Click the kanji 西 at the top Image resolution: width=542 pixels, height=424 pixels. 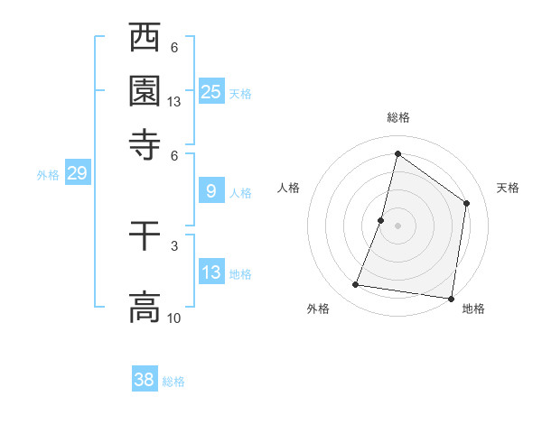(x=145, y=40)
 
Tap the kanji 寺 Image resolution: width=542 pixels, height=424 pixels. (x=145, y=143)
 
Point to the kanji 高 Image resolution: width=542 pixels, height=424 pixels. (x=145, y=307)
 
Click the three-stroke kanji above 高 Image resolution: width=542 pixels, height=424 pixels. (x=145, y=236)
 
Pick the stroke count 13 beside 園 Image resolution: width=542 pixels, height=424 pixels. (x=174, y=102)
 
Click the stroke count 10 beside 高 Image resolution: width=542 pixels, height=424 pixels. (x=174, y=318)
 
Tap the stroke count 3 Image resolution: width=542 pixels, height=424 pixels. (x=173, y=245)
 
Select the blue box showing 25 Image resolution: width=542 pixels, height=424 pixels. (x=211, y=92)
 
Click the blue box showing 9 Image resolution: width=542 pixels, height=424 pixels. (x=211, y=191)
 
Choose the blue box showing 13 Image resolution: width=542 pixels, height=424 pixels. (x=211, y=272)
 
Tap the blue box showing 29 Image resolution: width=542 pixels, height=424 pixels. (x=77, y=173)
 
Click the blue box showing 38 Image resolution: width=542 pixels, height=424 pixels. (x=145, y=380)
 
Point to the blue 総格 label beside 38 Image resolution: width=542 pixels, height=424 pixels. (x=173, y=382)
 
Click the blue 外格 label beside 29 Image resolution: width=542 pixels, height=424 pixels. (x=48, y=175)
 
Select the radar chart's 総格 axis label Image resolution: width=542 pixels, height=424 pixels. (x=397, y=117)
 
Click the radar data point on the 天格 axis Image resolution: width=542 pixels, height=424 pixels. (x=467, y=203)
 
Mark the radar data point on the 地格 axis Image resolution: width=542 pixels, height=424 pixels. (x=450, y=298)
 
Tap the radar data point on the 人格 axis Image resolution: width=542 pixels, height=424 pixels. (x=381, y=220)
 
